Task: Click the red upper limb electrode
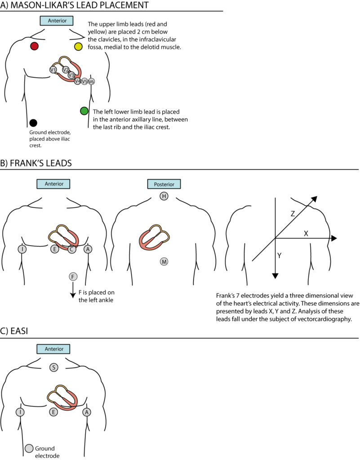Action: coord(34,46)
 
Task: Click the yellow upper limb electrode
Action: coord(78,46)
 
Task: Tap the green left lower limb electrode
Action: coord(84,111)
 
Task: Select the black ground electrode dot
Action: coord(33,123)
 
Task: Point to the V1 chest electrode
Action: coord(53,70)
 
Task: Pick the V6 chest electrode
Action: coord(91,81)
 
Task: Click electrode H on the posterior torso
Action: coord(164,196)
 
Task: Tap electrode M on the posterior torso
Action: coord(164,261)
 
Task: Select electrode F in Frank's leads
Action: coord(73,276)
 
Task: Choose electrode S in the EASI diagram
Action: coord(53,367)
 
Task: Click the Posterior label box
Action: coord(164,184)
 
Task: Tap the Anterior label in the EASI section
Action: coord(53,349)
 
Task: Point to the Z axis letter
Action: coord(293,214)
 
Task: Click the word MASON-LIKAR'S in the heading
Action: coord(50,5)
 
